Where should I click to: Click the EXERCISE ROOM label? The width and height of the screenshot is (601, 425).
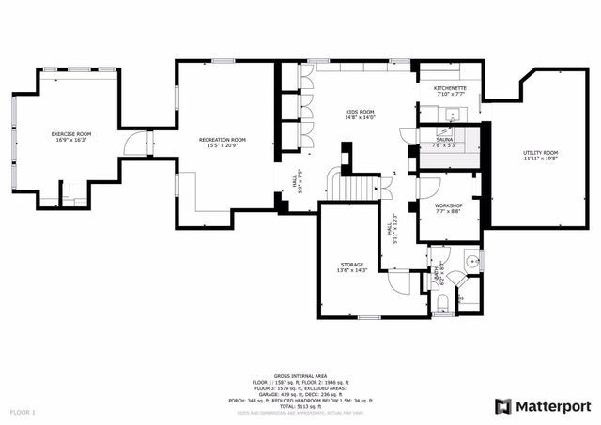pos(70,134)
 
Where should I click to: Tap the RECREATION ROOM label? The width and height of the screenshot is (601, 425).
pos(223,140)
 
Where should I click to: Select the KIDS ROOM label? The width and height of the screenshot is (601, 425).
pos(360,112)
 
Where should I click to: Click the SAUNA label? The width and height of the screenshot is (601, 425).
pos(444,140)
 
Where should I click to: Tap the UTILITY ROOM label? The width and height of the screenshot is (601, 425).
pos(540,152)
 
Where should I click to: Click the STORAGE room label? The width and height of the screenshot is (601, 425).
pos(351,265)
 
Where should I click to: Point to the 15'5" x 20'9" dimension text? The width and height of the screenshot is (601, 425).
pos(223,145)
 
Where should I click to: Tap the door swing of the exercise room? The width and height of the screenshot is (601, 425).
pos(140,144)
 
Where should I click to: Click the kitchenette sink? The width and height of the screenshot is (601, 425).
pos(452,114)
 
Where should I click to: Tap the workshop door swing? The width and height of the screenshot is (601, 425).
pos(422,187)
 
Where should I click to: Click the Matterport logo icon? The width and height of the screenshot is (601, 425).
pos(503,405)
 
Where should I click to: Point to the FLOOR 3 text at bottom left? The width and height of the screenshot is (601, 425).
pos(23,412)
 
